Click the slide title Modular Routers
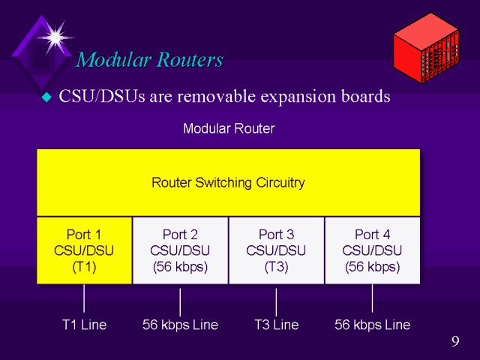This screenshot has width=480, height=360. pos(150,59)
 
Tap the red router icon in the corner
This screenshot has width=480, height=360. pos(431,49)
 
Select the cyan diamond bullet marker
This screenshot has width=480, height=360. pos(46,97)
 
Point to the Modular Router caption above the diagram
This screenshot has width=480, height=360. pos(229,128)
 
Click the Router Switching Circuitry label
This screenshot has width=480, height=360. pos(228,182)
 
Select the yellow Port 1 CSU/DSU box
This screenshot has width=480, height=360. pos(84,250)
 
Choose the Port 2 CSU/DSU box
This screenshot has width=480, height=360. pos(180,250)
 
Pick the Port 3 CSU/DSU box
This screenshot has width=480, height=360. pos(276,250)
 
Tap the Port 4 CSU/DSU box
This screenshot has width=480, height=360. pos(372,250)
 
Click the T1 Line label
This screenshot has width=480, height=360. pos(84,325)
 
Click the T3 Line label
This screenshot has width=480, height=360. pos(276,325)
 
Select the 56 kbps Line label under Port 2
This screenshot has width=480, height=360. pos(180,325)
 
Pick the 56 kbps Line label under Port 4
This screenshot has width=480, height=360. pos(372,325)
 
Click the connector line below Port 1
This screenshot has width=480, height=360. pos(84,300)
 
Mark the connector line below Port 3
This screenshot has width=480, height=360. pos(276,300)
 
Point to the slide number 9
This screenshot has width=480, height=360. pos(455,343)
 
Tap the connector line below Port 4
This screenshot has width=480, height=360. pos(372,300)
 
